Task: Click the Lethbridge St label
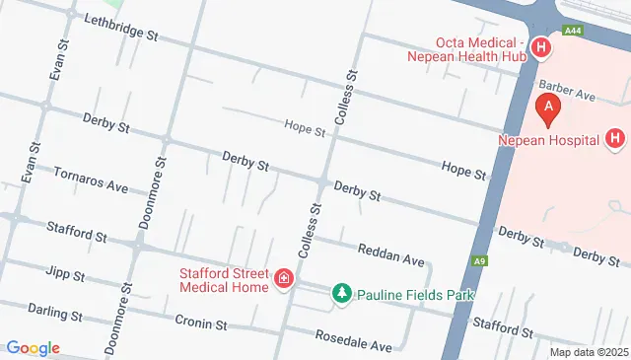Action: click(121, 27)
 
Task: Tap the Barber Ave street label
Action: click(566, 90)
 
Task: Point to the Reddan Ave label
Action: click(390, 254)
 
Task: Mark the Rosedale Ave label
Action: click(353, 339)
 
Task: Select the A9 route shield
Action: click(480, 261)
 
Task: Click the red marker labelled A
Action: click(547, 108)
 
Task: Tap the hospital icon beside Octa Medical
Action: click(540, 48)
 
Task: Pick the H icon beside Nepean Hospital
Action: click(615, 138)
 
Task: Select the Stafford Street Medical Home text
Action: click(224, 280)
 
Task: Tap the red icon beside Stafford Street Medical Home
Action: click(284, 280)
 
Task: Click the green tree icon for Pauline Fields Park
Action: click(341, 294)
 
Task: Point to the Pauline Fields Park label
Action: click(415, 295)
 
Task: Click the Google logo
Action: click(33, 347)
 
